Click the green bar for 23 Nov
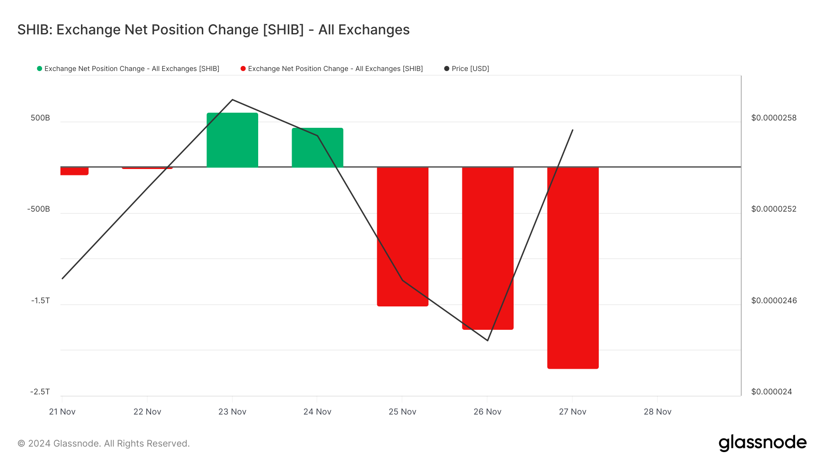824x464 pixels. (x=232, y=140)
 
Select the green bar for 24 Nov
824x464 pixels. (x=317, y=147)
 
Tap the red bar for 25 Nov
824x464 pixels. (x=402, y=236)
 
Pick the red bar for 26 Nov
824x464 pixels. (x=488, y=248)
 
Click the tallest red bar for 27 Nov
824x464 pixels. (x=573, y=267)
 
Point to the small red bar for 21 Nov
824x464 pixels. (x=74, y=171)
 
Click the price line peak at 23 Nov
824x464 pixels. (x=233, y=99)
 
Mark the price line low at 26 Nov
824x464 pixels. (x=488, y=340)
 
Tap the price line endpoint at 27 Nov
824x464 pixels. (x=573, y=130)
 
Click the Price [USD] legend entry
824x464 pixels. (x=467, y=69)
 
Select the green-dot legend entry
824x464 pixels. (x=128, y=69)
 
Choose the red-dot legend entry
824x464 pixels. (x=332, y=69)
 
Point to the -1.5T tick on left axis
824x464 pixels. (x=40, y=300)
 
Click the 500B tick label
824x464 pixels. (x=40, y=118)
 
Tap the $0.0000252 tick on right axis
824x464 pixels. (x=774, y=209)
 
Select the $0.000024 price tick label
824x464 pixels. (x=771, y=392)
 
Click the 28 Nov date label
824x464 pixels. (x=657, y=412)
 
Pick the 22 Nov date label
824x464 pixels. (x=147, y=412)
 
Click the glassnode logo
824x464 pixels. (x=762, y=443)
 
